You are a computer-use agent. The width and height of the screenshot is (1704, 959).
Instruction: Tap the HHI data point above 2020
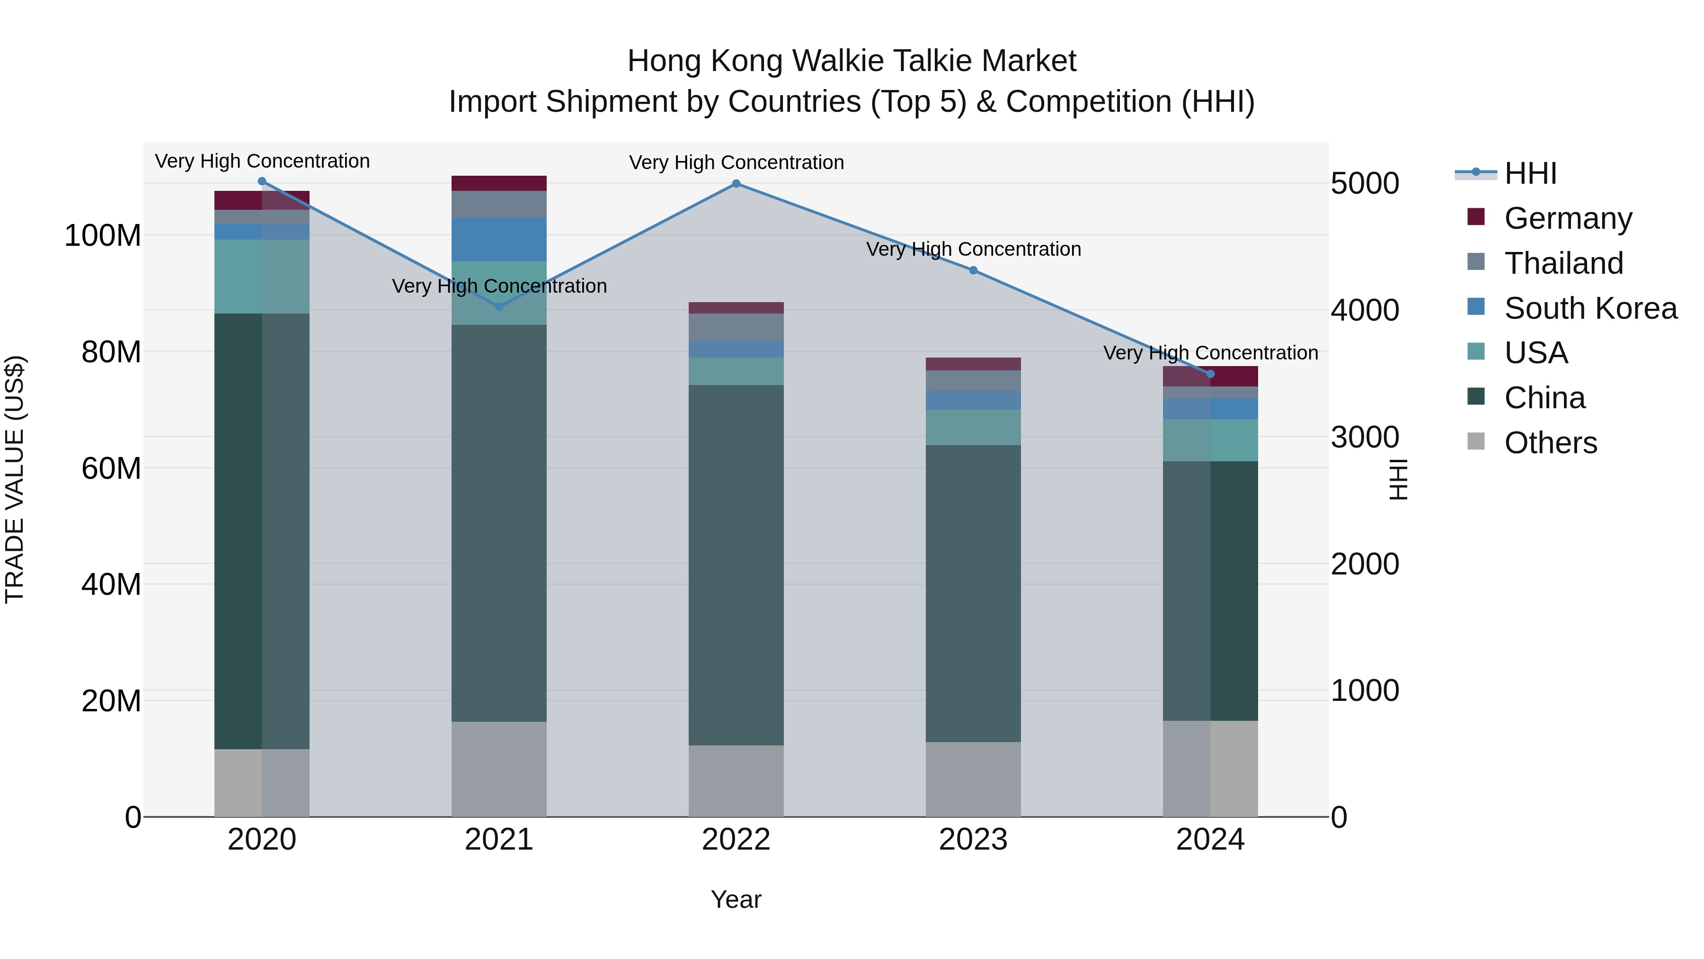(x=262, y=181)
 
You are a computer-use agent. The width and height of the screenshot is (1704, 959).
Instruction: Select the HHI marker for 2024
(x=1210, y=374)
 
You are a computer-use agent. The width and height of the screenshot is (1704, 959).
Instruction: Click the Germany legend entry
(x=1568, y=218)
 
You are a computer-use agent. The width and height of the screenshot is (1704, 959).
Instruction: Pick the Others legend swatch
(x=1476, y=441)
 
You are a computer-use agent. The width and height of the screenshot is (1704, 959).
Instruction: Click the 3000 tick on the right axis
(x=1364, y=438)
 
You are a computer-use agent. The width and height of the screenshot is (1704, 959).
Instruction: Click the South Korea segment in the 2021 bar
(x=499, y=240)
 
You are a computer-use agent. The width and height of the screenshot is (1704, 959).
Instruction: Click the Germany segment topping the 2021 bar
(x=499, y=183)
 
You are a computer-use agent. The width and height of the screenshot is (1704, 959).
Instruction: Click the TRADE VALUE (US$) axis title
(x=15, y=479)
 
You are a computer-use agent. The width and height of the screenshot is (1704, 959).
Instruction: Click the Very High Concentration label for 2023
(x=973, y=250)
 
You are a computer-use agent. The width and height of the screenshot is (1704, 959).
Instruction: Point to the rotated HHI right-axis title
(x=1398, y=479)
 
